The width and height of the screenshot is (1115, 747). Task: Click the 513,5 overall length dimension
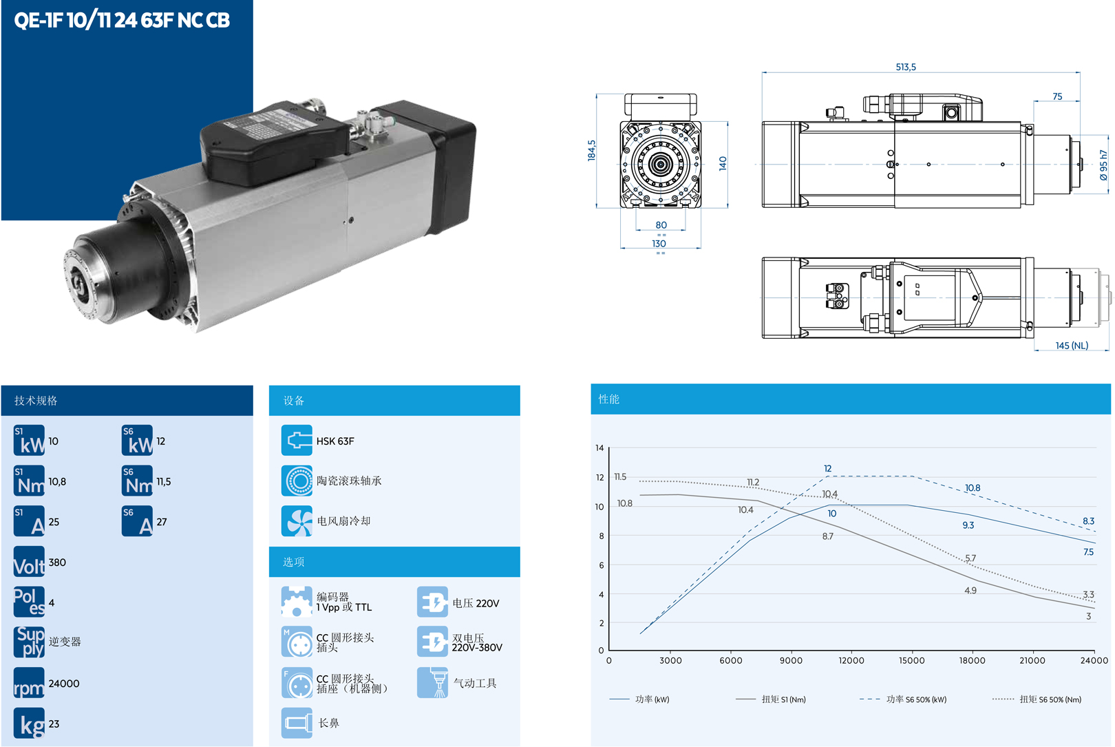click(x=906, y=67)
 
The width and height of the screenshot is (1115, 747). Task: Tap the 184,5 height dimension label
click(x=591, y=150)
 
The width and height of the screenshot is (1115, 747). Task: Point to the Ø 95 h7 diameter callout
click(x=1103, y=165)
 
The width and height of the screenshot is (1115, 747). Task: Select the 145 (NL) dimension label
click(x=1072, y=345)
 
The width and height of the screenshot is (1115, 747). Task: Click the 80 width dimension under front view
click(x=661, y=225)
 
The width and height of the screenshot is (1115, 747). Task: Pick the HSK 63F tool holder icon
click(x=297, y=440)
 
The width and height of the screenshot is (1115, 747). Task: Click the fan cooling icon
click(x=297, y=521)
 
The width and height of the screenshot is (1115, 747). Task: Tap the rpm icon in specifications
click(x=29, y=683)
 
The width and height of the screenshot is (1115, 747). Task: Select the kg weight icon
click(x=29, y=723)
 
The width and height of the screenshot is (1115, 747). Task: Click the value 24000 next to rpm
click(x=64, y=683)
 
